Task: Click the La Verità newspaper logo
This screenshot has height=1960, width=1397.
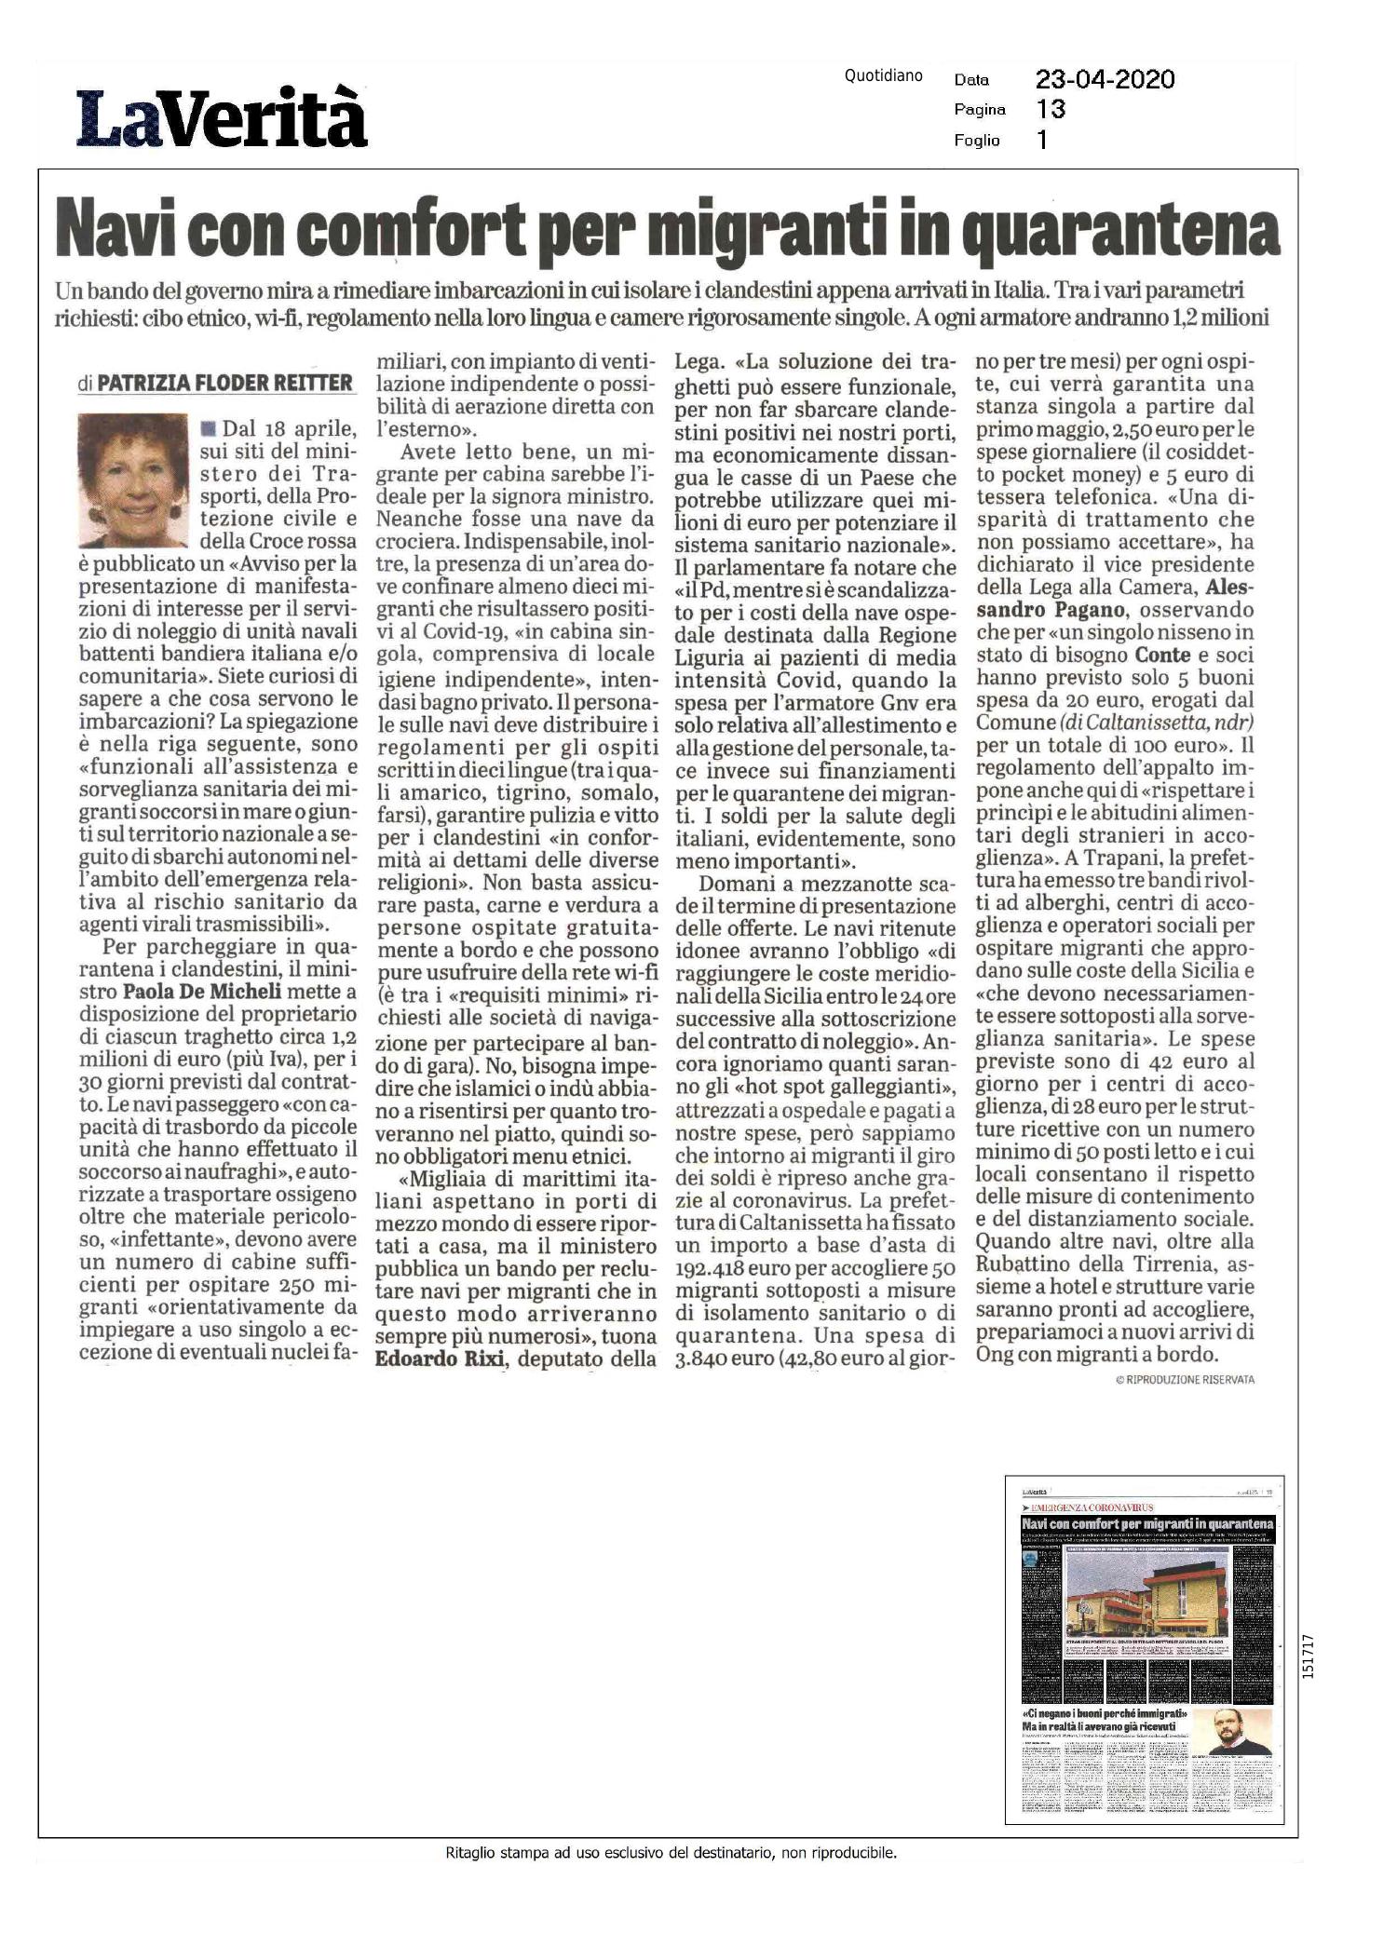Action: (x=222, y=117)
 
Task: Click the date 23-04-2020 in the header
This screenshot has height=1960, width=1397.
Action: (x=1105, y=79)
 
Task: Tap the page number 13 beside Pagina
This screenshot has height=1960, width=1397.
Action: (x=1051, y=110)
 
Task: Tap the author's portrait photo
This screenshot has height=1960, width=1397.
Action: (x=135, y=481)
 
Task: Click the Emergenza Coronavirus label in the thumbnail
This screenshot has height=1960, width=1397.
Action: (x=1089, y=1507)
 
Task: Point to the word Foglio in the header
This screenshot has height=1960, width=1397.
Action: (x=977, y=141)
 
